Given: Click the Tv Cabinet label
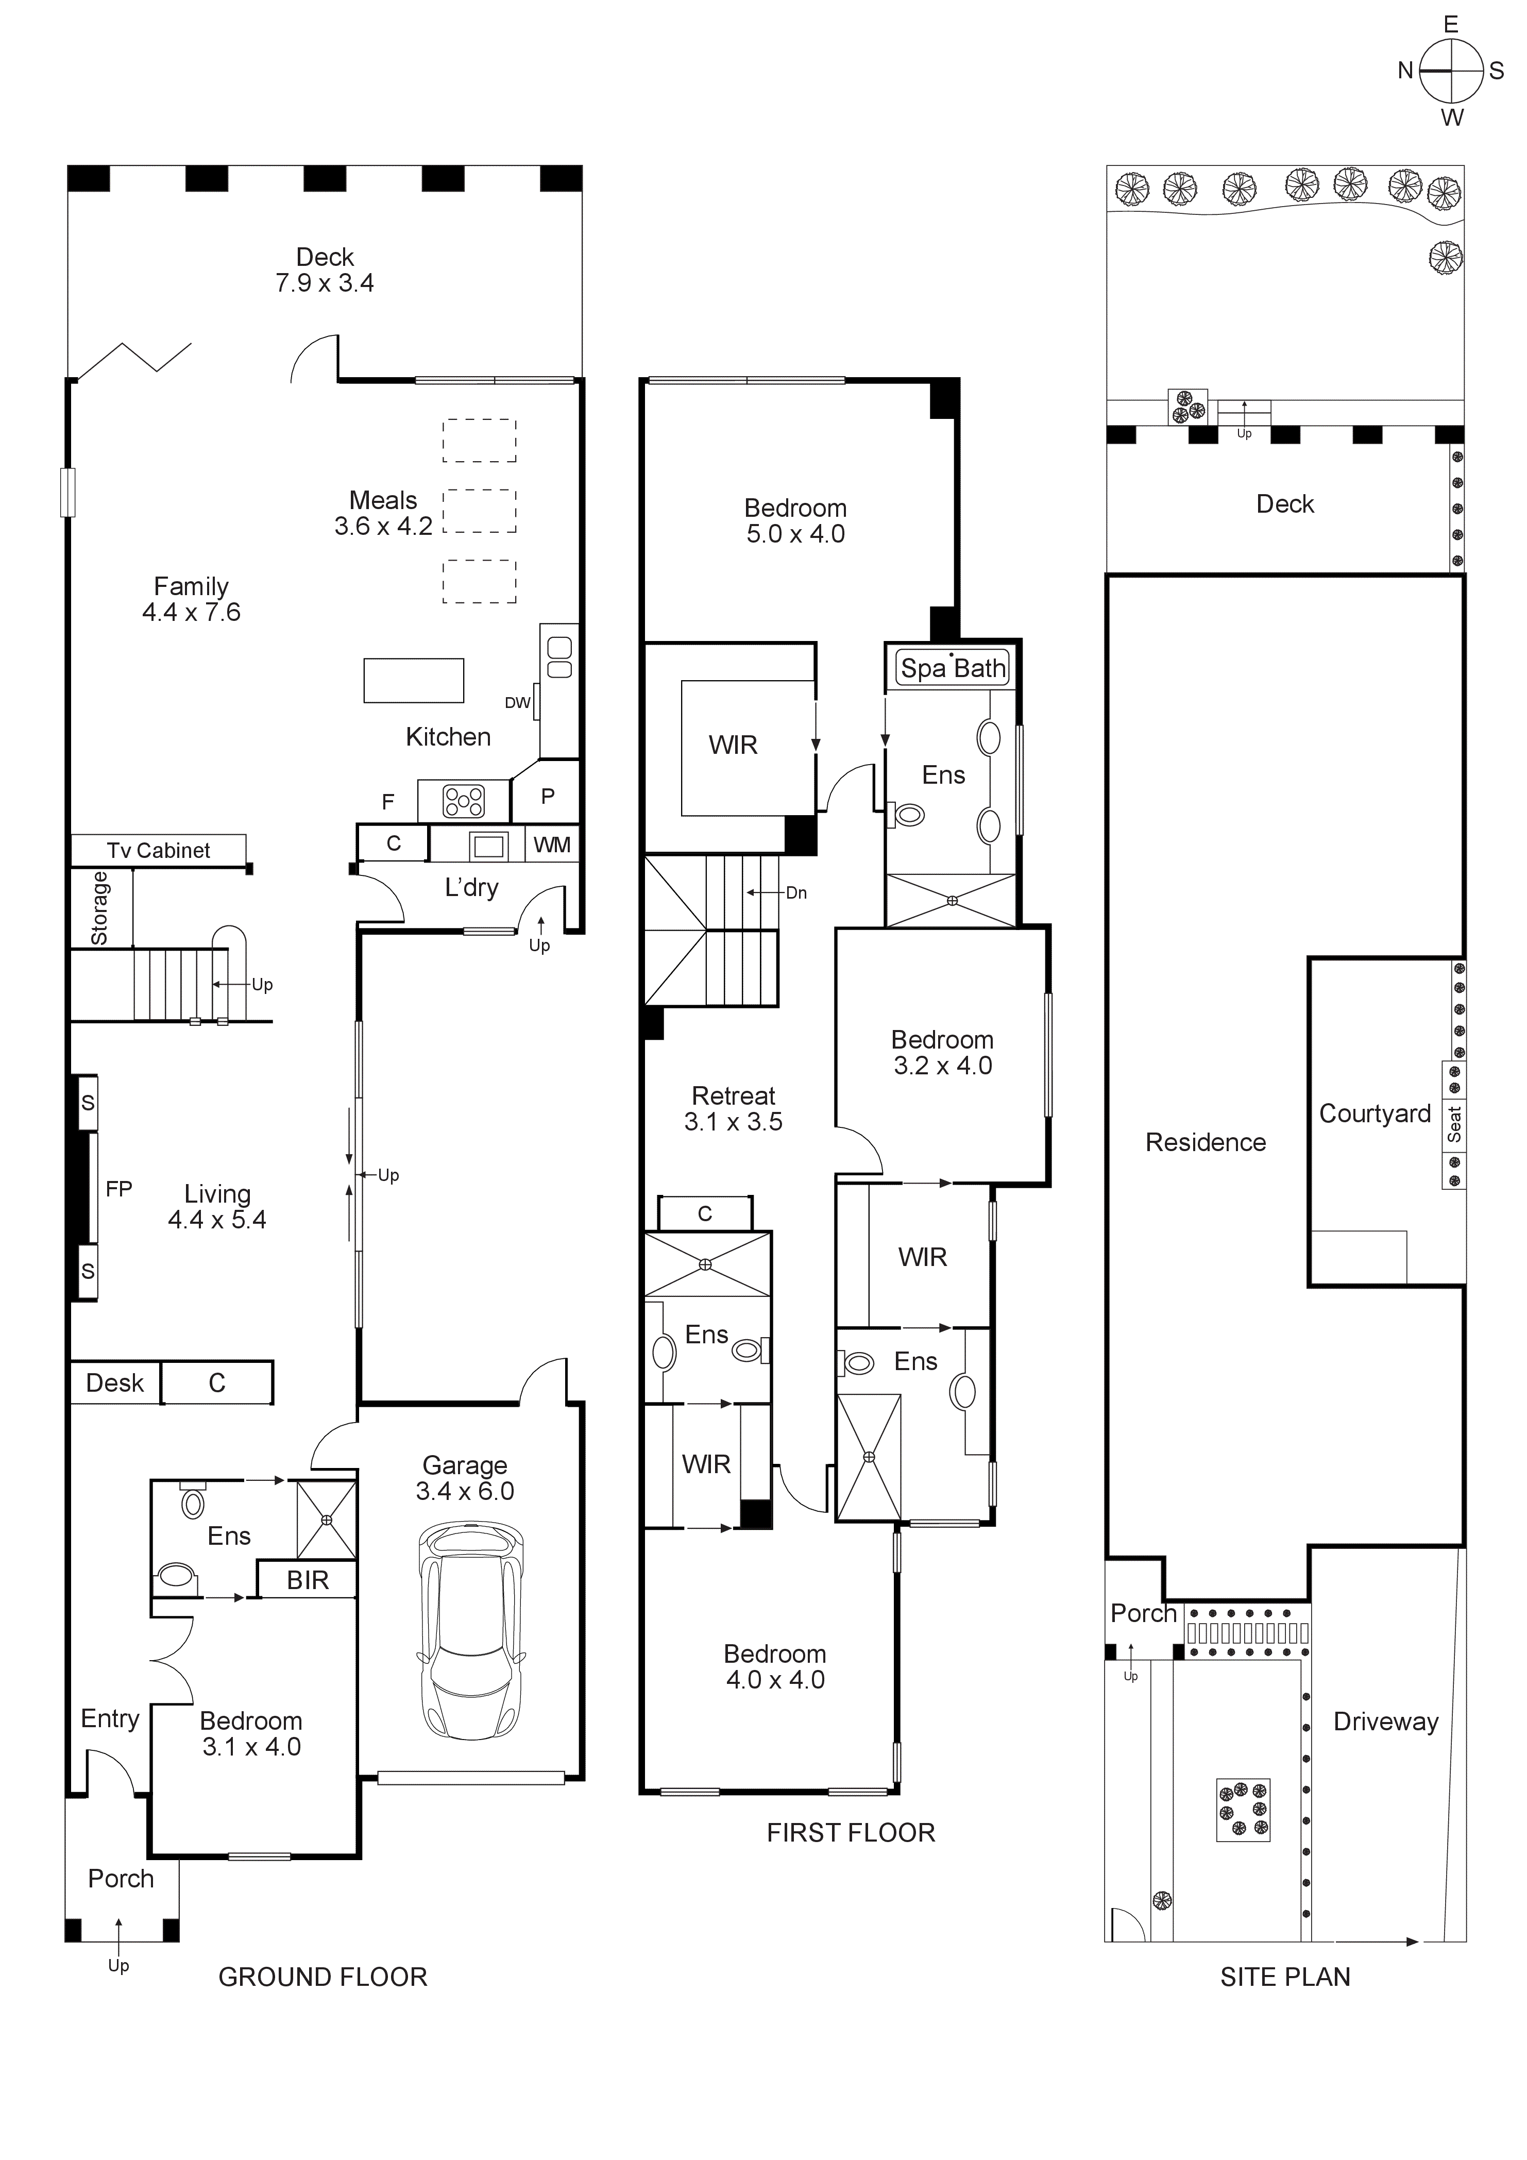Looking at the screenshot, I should (158, 851).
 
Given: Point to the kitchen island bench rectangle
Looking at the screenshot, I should (414, 680).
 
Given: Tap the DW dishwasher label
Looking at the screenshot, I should (517, 703).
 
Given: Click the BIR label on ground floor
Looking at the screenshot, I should (308, 1580).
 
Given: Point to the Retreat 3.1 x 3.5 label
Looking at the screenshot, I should (733, 1108).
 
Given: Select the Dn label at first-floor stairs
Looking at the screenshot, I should (796, 893).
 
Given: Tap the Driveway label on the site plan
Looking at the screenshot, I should (1386, 1722).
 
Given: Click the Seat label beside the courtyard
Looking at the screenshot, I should (1454, 1124).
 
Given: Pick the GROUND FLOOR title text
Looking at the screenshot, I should (323, 1977).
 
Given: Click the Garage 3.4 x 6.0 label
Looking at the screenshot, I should (465, 1478).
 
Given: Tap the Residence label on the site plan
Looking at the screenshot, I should (1205, 1142).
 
